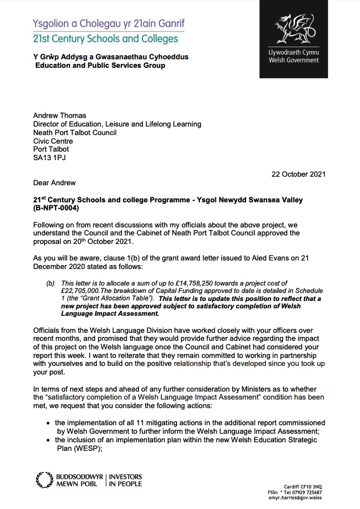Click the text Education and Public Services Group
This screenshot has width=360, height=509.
[100, 66]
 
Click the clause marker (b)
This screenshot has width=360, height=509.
[50, 283]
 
